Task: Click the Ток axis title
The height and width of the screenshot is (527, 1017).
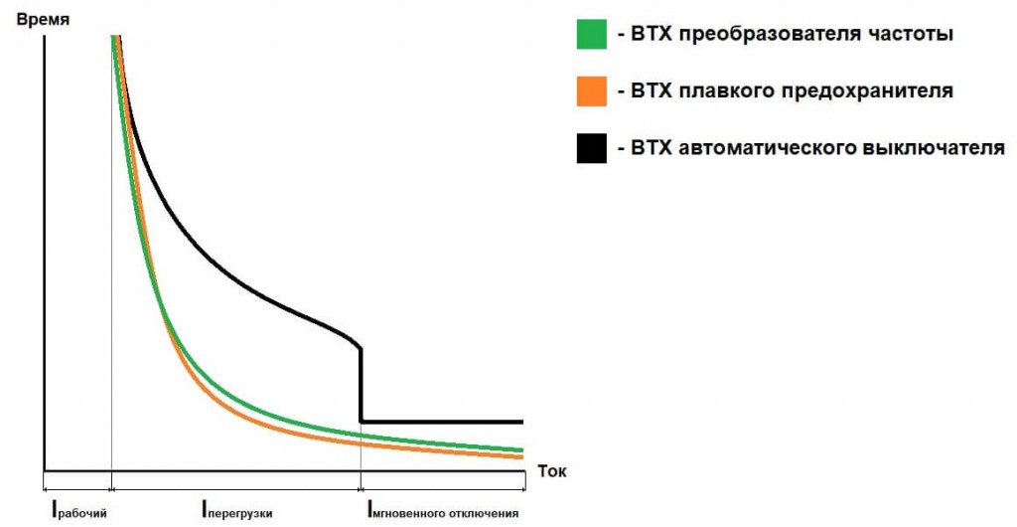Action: point(552,471)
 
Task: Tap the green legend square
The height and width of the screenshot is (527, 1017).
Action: point(592,35)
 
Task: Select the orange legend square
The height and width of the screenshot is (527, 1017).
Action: point(592,91)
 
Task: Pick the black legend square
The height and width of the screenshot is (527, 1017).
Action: point(592,148)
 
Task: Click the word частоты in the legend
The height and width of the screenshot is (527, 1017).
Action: point(911,35)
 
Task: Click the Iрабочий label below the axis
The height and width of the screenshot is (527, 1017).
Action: point(78,513)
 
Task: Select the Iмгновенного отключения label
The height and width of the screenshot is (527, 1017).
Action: point(443,513)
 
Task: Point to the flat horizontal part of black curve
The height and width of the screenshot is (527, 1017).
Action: point(442,422)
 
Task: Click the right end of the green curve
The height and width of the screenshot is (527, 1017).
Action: point(521,450)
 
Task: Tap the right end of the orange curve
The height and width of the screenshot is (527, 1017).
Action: point(521,457)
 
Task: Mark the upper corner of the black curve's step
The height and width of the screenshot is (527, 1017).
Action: point(360,348)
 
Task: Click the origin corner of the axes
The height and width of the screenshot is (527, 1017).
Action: point(45,469)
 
